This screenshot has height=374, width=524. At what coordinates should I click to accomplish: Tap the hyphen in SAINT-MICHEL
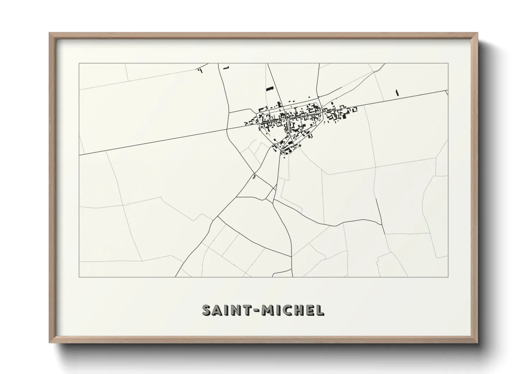[x=256, y=310]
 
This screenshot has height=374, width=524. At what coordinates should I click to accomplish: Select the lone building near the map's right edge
[x=397, y=93]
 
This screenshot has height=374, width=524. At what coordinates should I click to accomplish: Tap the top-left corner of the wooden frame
[x=50, y=34]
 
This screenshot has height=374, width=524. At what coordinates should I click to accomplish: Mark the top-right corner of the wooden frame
[x=477, y=34]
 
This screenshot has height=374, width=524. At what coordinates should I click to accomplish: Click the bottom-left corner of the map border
[x=79, y=277]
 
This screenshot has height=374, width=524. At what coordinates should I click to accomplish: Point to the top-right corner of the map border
[x=448, y=63]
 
